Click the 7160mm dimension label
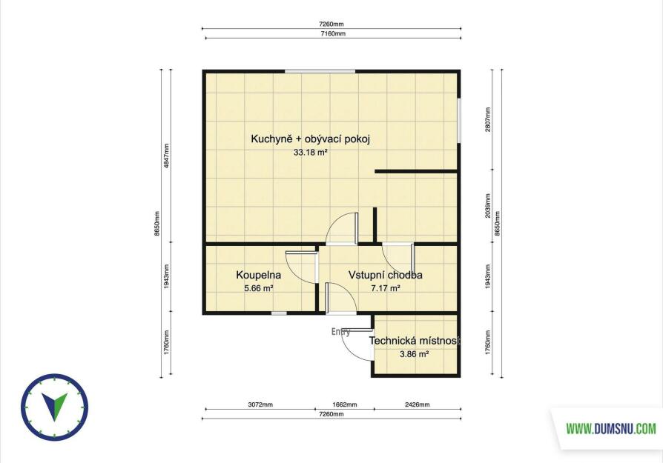pyautogui.click(x=332, y=33)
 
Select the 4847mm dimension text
pyautogui.click(x=166, y=156)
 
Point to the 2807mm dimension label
pyautogui.click(x=488, y=119)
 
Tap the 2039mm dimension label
pyautogui.click(x=488, y=206)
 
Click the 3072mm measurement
pyautogui.click(x=260, y=404)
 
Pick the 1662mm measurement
pyautogui.click(x=345, y=404)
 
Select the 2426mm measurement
pyautogui.click(x=418, y=404)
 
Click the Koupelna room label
pyautogui.click(x=258, y=275)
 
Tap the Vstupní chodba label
pyautogui.click(x=385, y=275)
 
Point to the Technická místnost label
pyautogui.click(x=415, y=341)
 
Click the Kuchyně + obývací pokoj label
pyautogui.click(x=310, y=139)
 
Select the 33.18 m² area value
pyautogui.click(x=311, y=153)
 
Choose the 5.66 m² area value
pyautogui.click(x=258, y=288)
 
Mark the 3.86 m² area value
pyautogui.click(x=415, y=354)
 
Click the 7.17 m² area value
pyautogui.click(x=386, y=288)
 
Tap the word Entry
pyautogui.click(x=340, y=332)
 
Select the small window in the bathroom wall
pyautogui.click(x=279, y=313)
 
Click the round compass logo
pyautogui.click(x=55, y=407)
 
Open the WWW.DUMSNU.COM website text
pyautogui.click(x=611, y=429)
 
